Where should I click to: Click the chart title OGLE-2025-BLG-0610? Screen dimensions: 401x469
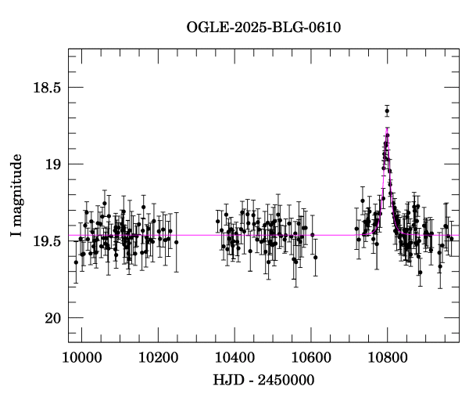(263, 27)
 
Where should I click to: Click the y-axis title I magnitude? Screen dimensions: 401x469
(16, 195)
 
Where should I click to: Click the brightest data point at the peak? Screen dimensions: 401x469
(387, 111)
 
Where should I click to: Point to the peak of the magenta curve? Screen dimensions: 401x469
(387, 128)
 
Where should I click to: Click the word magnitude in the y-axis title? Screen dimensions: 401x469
(16, 186)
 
